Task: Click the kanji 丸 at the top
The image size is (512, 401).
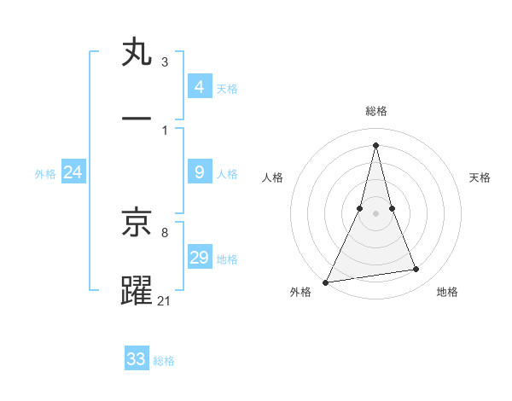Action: [x=137, y=54]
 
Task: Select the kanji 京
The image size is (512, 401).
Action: [x=137, y=224]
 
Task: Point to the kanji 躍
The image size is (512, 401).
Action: [x=137, y=289]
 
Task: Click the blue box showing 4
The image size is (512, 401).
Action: [x=199, y=86]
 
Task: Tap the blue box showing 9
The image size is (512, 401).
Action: [x=199, y=172]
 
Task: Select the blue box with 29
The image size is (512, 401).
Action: [x=199, y=258]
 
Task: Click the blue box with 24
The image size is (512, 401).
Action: [x=73, y=172]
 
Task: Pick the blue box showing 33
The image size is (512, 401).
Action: [x=137, y=359]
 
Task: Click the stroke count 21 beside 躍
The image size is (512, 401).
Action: [x=165, y=299]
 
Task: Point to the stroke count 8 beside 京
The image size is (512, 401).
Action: [x=164, y=231]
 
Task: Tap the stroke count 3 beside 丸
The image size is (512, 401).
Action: [x=164, y=62]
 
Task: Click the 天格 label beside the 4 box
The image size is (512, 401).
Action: [x=227, y=88]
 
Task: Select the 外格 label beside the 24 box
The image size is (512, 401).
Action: [x=45, y=174]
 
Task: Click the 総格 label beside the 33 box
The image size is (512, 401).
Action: [x=164, y=361]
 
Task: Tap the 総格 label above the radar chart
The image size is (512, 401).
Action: [x=376, y=111]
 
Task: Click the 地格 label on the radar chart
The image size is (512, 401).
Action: [x=447, y=292]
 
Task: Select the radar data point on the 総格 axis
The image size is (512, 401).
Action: [x=376, y=144]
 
